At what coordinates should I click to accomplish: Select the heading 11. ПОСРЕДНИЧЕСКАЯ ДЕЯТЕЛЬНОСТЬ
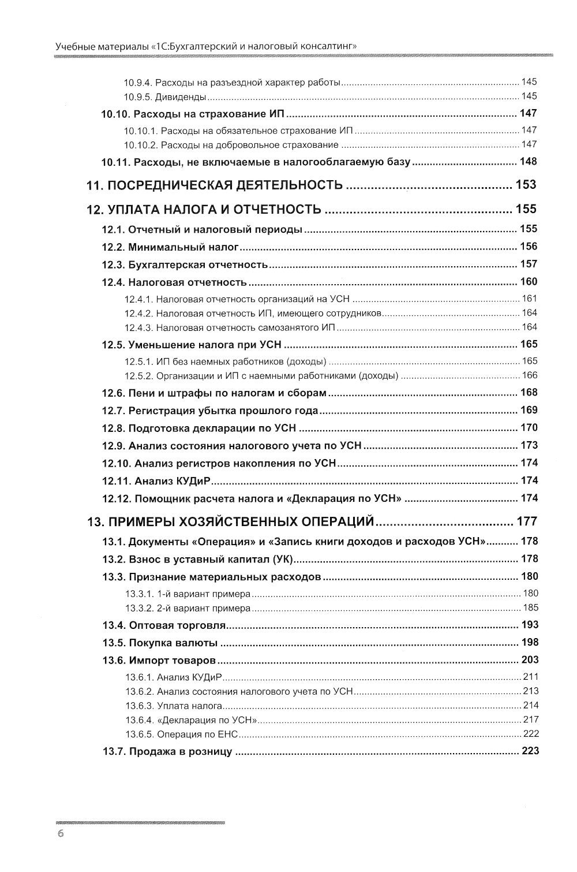215,185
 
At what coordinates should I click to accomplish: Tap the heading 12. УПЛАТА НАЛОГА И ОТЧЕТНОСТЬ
204,210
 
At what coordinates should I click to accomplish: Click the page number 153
526,185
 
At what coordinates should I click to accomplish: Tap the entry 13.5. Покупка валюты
160,643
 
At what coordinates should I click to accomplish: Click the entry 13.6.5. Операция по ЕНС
181,734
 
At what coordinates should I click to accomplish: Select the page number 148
528,161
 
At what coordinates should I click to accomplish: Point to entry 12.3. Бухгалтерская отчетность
185,265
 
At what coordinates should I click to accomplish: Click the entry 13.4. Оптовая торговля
164,625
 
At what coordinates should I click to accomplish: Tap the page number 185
530,608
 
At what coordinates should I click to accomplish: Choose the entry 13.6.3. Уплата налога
174,706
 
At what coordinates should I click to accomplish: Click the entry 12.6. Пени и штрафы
214,393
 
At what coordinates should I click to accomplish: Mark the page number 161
529,299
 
